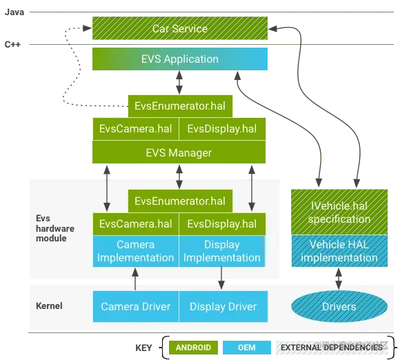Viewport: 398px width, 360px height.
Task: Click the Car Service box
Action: (179, 29)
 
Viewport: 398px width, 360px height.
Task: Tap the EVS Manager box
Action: (179, 152)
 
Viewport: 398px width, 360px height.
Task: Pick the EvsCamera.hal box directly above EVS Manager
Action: (135, 128)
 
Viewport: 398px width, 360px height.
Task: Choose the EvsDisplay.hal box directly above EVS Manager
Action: (222, 128)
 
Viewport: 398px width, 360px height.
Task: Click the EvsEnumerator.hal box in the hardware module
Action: (180, 201)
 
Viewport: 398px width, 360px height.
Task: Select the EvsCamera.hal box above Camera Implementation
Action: (135, 223)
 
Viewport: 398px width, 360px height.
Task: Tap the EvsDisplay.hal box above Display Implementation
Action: (222, 223)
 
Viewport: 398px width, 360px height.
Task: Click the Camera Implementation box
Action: (135, 251)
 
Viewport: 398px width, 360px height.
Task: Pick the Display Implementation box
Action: (222, 251)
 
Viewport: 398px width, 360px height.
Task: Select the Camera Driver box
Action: (135, 306)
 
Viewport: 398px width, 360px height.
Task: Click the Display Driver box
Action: (222, 306)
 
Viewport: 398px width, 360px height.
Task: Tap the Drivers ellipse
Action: (339, 306)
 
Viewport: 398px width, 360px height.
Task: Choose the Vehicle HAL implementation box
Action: (339, 251)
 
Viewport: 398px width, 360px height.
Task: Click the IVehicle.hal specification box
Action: (339, 212)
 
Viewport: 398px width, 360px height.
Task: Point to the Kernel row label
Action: (48, 305)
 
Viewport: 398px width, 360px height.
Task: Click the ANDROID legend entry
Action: (193, 347)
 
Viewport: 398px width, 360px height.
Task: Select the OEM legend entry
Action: (246, 347)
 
